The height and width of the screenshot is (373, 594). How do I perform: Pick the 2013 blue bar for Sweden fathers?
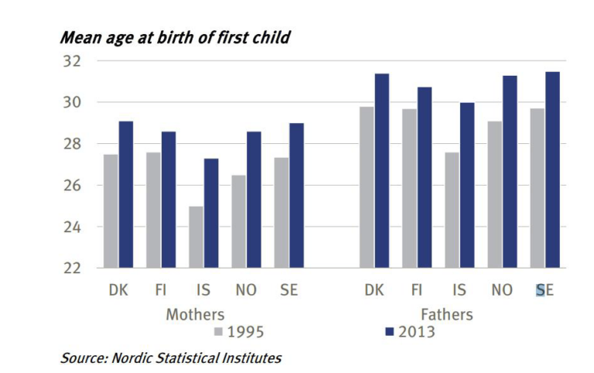(x=552, y=170)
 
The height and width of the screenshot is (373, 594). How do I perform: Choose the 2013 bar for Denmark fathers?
(x=382, y=171)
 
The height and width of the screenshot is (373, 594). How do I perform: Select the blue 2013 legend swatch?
(x=390, y=332)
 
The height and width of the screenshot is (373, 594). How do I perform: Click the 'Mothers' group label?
(x=196, y=315)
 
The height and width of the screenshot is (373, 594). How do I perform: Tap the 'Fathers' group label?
(x=447, y=315)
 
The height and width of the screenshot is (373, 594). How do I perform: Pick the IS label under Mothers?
(x=203, y=291)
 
